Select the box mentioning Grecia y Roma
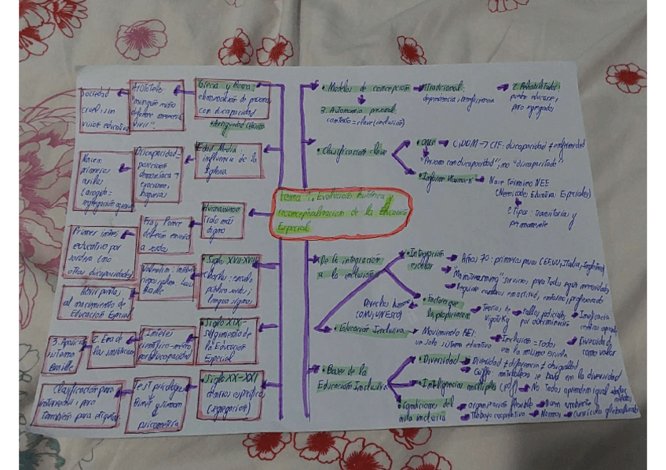tap(232, 99)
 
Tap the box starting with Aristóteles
tap(156, 104)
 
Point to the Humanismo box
tap(223, 220)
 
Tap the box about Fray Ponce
tap(166, 235)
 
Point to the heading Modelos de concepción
tap(366, 89)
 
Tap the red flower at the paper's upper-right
tap(625, 77)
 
